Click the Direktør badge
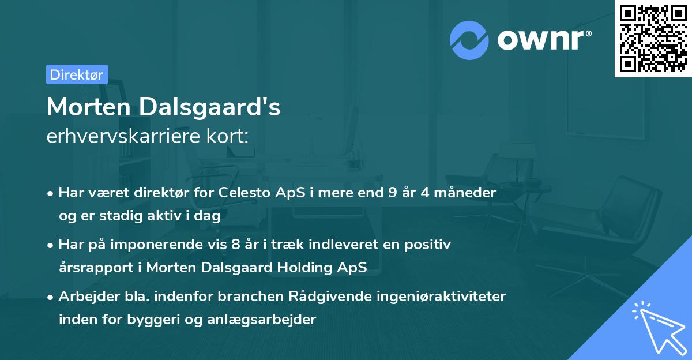[77, 74]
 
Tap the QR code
[653, 39]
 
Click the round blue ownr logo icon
[469, 40]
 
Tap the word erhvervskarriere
[124, 137]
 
